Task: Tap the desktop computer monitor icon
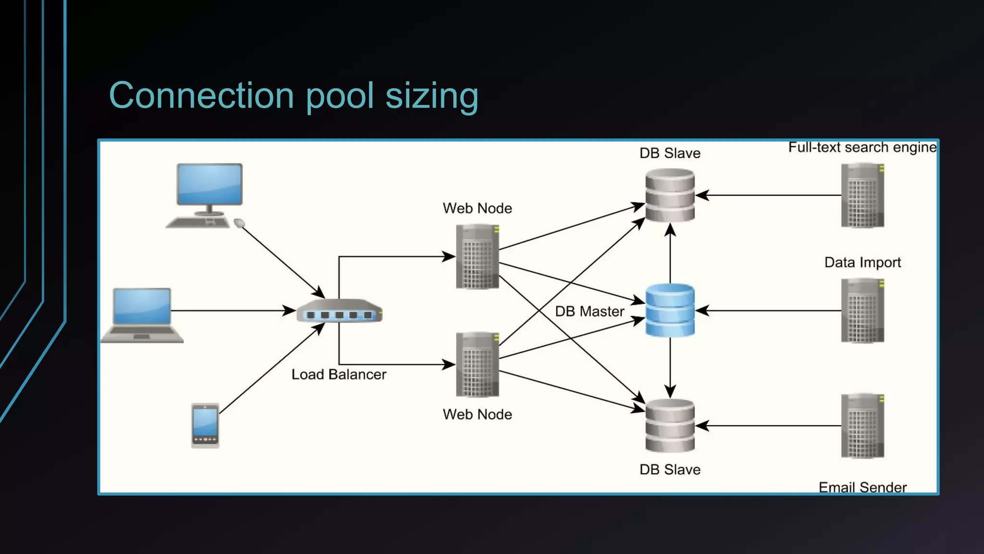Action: tap(209, 185)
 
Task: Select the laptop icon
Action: tap(142, 314)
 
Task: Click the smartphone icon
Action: tap(205, 426)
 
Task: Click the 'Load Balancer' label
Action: tap(339, 374)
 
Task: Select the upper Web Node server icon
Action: tap(477, 257)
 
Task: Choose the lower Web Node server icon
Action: tap(477, 365)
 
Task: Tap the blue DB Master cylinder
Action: tap(670, 310)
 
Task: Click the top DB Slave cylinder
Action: tap(670, 195)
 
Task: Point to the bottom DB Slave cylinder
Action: tap(670, 426)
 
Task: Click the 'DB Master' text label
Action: tap(590, 311)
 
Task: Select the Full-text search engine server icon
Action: tap(862, 195)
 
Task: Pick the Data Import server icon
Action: tap(862, 311)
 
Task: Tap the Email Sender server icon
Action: tap(862, 426)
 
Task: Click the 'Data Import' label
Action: tap(862, 262)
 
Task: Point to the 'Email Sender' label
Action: tap(862, 487)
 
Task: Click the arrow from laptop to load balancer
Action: tap(231, 311)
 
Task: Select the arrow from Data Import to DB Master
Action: tap(769, 311)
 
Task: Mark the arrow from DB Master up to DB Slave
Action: tap(670, 255)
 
